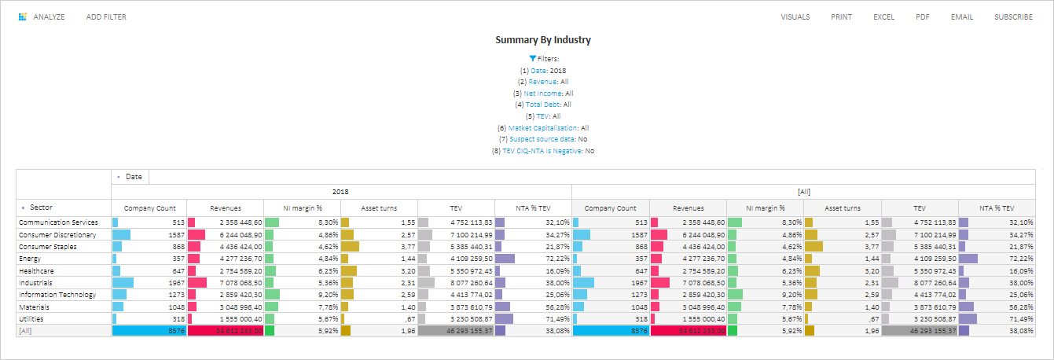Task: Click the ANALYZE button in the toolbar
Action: point(42,17)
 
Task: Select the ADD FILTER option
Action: point(106,17)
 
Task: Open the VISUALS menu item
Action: point(795,17)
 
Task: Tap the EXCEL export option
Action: point(883,17)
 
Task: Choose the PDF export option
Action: point(922,17)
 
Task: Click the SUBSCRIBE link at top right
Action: point(1013,17)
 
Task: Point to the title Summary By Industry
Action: point(542,39)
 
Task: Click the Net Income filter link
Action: point(543,94)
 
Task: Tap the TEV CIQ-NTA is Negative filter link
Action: point(542,151)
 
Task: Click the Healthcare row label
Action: point(36,270)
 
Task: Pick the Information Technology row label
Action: point(57,295)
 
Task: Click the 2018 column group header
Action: point(340,191)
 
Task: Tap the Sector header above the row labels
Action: point(41,208)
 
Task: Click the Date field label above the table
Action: point(133,177)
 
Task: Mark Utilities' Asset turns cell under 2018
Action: point(378,319)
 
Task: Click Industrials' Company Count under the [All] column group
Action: point(611,283)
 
